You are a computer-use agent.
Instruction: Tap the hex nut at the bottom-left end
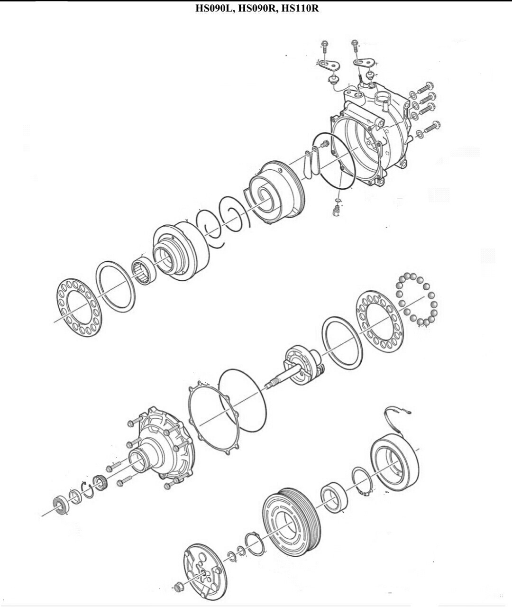(178, 585)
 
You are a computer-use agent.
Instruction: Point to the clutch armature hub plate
(205, 561)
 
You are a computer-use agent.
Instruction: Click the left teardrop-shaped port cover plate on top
(328, 64)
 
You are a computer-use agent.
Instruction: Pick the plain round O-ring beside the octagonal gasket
(242, 401)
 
